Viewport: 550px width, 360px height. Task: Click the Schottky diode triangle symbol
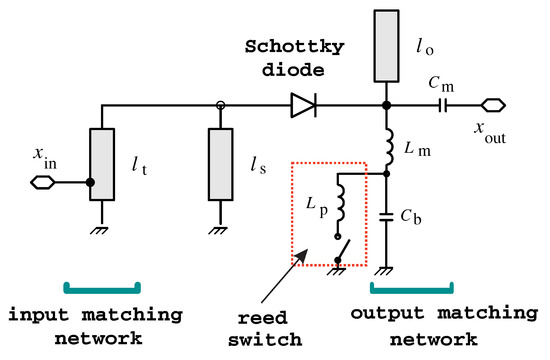[x=304, y=101]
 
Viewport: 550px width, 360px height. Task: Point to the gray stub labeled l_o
[x=386, y=46]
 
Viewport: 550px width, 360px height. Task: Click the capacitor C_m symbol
[x=441, y=101]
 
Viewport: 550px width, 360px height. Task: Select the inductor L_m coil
[x=387, y=148]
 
